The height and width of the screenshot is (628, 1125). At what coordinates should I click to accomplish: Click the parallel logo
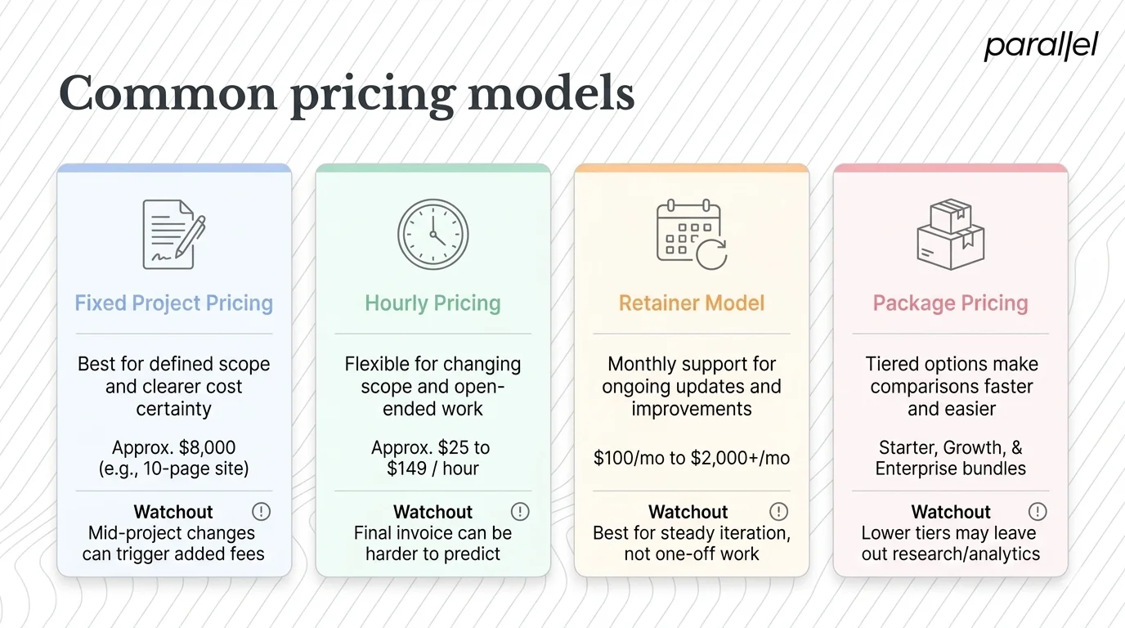point(1041,47)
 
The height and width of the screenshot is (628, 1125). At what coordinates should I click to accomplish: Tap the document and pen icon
point(173,234)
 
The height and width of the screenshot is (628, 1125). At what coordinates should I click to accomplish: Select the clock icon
point(433,234)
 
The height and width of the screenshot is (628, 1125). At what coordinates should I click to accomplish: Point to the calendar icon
point(691,234)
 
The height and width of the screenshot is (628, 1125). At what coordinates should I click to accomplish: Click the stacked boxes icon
point(950,234)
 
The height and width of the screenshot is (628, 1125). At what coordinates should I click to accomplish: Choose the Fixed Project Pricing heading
point(173,303)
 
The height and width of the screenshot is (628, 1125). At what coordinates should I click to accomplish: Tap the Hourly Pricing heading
point(433,303)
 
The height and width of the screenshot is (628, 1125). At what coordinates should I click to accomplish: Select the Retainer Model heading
point(692,303)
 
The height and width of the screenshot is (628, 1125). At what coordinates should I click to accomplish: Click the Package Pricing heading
point(950,303)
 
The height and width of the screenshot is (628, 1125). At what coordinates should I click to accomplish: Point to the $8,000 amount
point(205,448)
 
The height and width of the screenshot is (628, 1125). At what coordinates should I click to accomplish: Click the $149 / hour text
point(433,469)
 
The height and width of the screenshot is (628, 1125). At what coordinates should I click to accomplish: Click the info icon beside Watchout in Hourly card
point(520,512)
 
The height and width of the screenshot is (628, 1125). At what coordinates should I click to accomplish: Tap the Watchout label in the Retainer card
point(688,512)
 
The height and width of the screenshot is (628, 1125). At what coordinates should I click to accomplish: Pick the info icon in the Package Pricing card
point(1038,512)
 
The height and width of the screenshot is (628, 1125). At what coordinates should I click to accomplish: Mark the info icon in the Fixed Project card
point(261,512)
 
